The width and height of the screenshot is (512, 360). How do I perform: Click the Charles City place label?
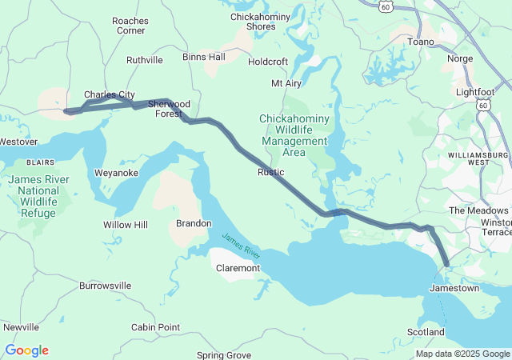coord(109,94)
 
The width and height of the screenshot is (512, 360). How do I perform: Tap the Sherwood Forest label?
coord(169,109)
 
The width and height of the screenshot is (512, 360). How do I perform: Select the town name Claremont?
coord(238,268)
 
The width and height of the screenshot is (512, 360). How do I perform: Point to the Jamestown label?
coord(454,287)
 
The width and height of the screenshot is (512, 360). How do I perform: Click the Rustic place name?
coord(270,172)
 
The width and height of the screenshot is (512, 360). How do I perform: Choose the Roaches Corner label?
coord(130,25)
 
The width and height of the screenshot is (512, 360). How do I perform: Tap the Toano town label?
coord(421,42)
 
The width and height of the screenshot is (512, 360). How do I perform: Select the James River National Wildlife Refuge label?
coord(38,196)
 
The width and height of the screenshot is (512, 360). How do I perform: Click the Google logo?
coord(26,350)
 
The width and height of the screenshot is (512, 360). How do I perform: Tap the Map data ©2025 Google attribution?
coord(462,354)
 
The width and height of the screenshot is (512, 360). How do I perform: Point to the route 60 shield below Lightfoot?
coord(482,105)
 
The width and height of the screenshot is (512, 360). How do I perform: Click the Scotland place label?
coord(426,332)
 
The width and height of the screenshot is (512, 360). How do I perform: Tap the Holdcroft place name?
coord(268,61)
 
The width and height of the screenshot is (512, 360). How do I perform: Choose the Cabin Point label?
coord(155,327)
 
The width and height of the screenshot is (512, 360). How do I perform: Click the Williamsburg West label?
coord(478,157)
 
